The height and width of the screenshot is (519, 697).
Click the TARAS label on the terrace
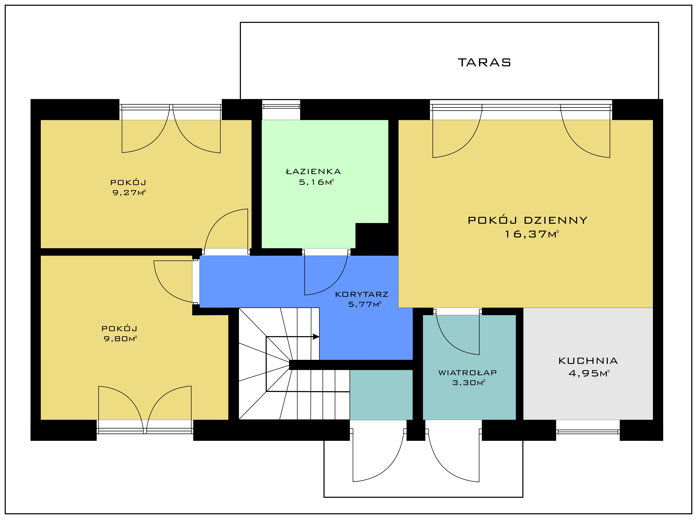point(484,63)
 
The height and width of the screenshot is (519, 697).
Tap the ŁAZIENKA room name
point(313,171)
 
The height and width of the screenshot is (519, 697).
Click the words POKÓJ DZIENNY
point(528,220)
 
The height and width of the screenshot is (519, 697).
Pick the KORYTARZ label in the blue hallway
point(362,294)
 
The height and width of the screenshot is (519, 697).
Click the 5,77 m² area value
point(365,304)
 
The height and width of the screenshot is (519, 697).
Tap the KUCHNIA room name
point(588,361)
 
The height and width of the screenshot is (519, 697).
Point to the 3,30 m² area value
point(469,383)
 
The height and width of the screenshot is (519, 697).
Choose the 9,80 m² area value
point(120,339)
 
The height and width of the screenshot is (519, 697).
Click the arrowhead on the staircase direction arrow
point(316,337)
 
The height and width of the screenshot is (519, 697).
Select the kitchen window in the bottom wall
point(588,431)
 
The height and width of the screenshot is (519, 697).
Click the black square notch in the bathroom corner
point(372,236)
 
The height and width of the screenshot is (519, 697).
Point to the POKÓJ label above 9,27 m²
point(128,182)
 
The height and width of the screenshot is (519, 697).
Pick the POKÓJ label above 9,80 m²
point(120,329)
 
